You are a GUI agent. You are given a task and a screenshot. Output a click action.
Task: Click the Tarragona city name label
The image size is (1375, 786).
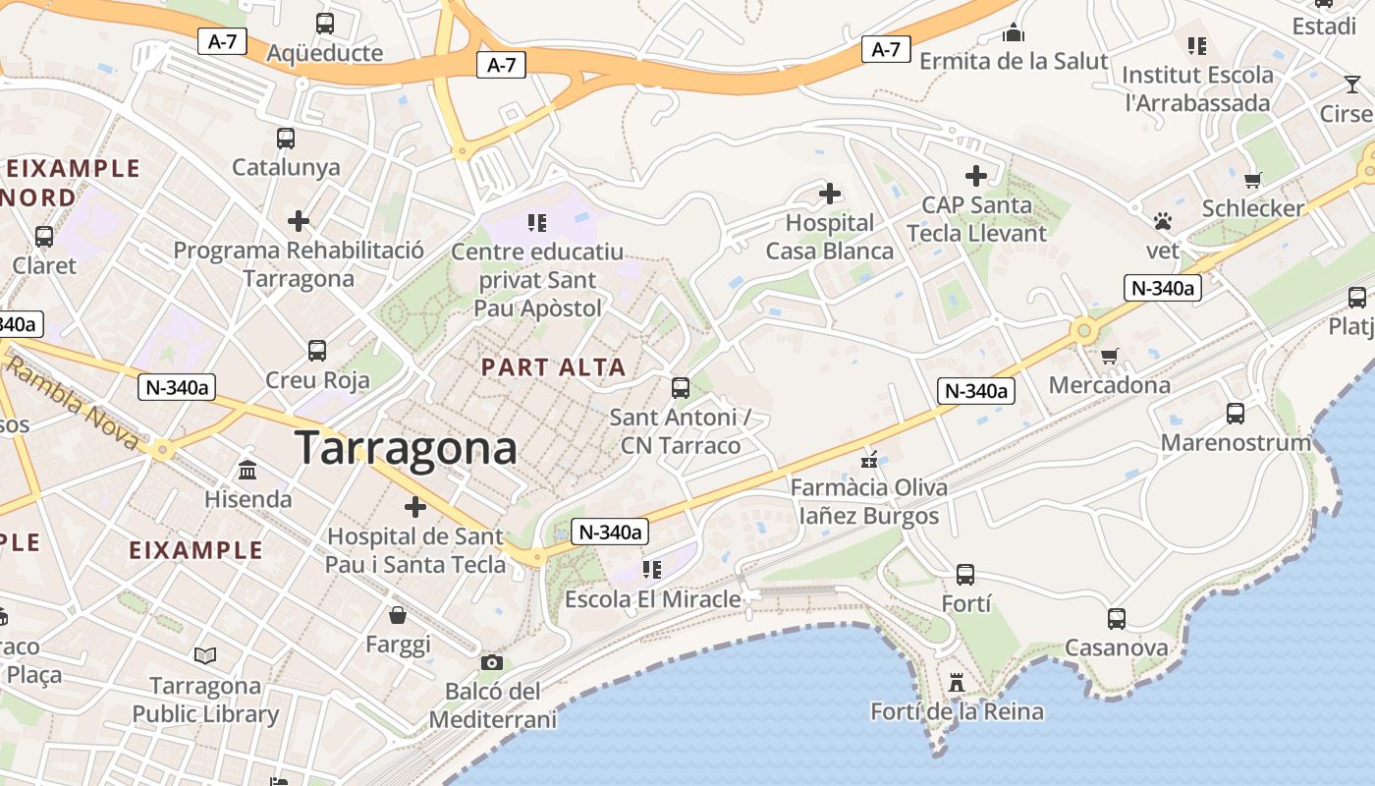tap(406, 448)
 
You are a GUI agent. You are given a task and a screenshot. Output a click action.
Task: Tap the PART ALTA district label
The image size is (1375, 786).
tap(553, 367)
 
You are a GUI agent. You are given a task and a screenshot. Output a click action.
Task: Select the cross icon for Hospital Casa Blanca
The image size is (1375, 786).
tap(830, 194)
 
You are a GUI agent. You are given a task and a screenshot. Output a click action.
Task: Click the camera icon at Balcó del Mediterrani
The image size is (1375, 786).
tap(492, 662)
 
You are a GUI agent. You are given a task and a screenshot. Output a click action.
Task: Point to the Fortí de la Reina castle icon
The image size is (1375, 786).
tap(956, 682)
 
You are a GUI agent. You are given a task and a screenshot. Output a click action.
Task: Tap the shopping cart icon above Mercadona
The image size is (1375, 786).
tap(1109, 356)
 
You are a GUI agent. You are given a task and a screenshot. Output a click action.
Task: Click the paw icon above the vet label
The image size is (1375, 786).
tap(1163, 221)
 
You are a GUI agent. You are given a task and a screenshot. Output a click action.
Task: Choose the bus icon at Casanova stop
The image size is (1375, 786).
tap(1117, 619)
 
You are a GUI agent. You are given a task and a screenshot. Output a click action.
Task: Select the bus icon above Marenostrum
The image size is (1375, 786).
tap(1236, 414)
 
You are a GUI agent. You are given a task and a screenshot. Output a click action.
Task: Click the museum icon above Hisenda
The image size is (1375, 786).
tap(247, 471)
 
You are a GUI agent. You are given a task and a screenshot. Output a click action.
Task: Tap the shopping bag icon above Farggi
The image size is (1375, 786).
tap(398, 616)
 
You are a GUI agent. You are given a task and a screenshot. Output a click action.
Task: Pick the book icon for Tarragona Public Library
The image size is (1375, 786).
tap(205, 655)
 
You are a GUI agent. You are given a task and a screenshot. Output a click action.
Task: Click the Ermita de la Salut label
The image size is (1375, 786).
tap(1014, 61)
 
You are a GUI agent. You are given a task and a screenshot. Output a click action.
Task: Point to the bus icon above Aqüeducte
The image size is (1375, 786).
tap(325, 24)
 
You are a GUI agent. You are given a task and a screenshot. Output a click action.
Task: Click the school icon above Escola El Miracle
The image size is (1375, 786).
tap(652, 570)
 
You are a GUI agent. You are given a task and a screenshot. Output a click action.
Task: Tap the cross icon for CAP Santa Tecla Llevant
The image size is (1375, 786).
tap(975, 176)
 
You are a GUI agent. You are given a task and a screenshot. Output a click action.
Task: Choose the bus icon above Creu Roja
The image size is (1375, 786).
tap(317, 351)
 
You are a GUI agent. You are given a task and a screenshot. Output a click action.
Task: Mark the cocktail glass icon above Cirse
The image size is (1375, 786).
tap(1352, 84)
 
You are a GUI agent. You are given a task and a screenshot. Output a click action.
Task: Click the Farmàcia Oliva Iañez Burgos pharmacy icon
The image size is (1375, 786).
tap(869, 459)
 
